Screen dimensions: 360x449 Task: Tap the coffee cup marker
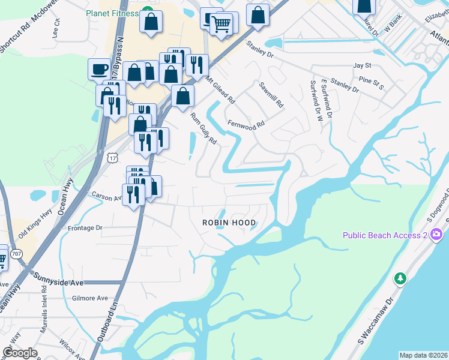[99, 69]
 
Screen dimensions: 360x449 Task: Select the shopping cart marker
[221, 25]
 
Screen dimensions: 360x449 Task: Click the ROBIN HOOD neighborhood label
[229, 223]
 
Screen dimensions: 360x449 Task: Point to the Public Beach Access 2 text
[385, 235]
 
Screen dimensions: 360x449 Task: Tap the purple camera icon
[436, 235]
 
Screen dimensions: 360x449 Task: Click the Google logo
[19, 353]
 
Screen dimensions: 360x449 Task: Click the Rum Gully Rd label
[203, 129]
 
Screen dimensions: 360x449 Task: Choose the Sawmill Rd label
[270, 94]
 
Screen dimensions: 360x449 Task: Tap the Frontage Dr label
[85, 228]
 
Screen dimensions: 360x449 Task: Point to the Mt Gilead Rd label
[220, 90]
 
